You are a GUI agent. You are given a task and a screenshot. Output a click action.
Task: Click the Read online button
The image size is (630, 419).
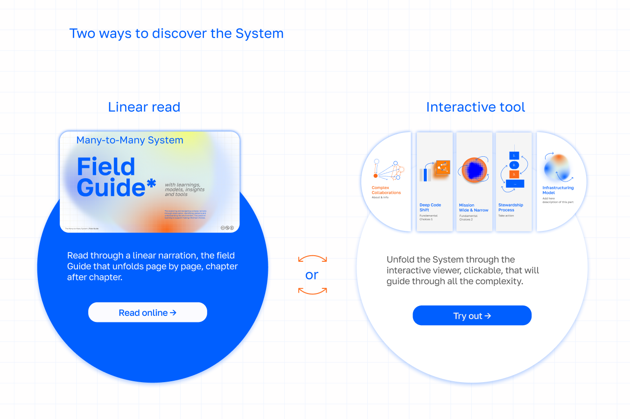pyautogui.click(x=147, y=313)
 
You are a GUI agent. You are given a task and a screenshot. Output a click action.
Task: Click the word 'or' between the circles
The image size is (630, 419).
pyautogui.click(x=312, y=275)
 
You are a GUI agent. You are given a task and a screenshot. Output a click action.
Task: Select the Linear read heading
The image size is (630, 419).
pyautogui.click(x=144, y=107)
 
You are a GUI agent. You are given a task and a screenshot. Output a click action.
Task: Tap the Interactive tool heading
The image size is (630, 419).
pyautogui.click(x=475, y=107)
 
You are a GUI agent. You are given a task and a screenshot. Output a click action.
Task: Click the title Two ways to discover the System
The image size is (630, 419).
pyautogui.click(x=176, y=34)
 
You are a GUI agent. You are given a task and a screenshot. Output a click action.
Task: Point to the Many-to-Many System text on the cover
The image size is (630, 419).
pyautogui.click(x=130, y=140)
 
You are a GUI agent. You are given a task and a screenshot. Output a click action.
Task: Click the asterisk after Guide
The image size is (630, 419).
pyautogui.click(x=151, y=185)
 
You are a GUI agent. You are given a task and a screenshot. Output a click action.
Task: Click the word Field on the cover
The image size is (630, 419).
pyautogui.click(x=106, y=167)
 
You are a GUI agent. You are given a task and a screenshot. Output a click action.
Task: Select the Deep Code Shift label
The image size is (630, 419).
pyautogui.click(x=430, y=208)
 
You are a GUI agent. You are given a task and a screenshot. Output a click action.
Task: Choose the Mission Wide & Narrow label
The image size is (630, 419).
pyautogui.click(x=473, y=208)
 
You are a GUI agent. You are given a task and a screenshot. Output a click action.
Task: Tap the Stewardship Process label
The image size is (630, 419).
pyautogui.click(x=511, y=208)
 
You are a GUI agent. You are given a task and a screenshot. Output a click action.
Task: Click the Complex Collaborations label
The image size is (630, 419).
pyautogui.click(x=386, y=190)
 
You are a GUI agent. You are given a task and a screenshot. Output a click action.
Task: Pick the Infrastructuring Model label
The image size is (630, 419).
pyautogui.click(x=558, y=190)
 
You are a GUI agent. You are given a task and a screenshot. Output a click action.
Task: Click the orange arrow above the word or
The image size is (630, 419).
pyautogui.click(x=312, y=258)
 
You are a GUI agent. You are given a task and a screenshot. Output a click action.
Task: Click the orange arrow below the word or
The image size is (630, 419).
pyautogui.click(x=312, y=292)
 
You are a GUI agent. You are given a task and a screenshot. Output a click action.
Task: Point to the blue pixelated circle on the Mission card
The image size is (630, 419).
pyautogui.click(x=474, y=169)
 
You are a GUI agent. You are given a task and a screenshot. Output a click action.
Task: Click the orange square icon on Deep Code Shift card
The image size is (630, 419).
pyautogui.click(x=442, y=168)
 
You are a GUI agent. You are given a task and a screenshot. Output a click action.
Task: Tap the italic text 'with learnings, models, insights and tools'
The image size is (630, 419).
pyautogui.click(x=184, y=189)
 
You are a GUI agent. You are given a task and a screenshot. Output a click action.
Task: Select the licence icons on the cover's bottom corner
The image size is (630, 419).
pyautogui.click(x=227, y=228)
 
